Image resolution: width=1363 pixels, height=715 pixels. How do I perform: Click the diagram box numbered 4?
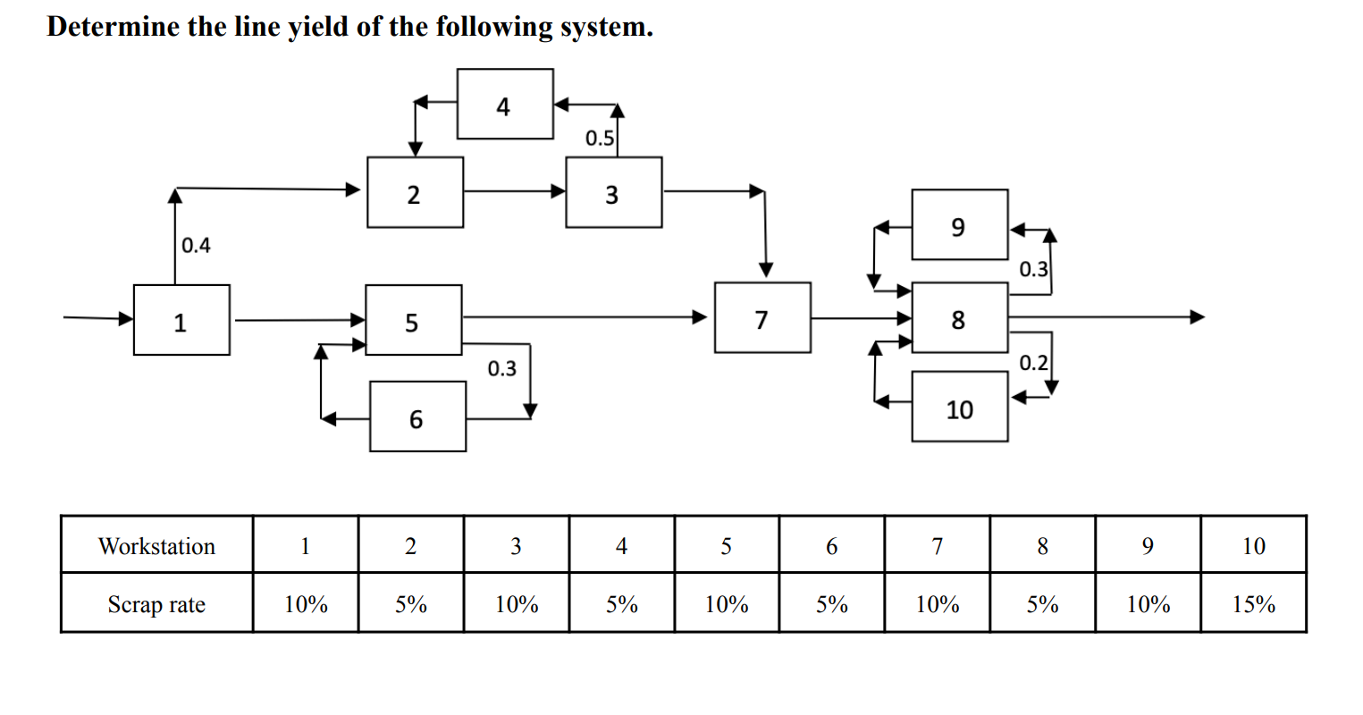tap(505, 105)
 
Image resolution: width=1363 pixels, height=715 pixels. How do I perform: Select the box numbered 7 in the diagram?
tap(762, 318)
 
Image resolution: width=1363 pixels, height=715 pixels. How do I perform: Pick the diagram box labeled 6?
tap(417, 416)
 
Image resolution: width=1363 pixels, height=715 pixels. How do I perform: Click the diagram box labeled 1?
tap(181, 320)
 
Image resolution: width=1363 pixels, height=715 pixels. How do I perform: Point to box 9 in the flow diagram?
tap(960, 225)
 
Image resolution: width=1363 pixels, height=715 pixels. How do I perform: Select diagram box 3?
tap(613, 193)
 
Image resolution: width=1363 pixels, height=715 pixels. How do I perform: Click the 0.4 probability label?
tap(196, 245)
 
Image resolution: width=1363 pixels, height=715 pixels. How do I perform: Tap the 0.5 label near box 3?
tap(599, 139)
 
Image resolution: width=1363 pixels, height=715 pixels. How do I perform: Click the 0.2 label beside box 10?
tap(1033, 363)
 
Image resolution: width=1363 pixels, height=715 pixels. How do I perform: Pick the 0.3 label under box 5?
tap(501, 368)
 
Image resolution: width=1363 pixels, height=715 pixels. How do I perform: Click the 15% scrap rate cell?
tap(1253, 604)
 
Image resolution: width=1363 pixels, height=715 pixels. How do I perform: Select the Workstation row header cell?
tap(156, 545)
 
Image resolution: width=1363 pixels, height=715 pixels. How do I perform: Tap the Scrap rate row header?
tap(156, 604)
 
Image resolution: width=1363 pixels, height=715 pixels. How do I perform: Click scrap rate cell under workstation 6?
tap(831, 604)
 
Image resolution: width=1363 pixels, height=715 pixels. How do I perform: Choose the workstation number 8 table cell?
tap(1042, 545)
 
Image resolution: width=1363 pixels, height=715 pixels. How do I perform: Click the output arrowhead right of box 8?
tap(1197, 316)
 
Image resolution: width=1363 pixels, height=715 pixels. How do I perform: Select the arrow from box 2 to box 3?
tap(514, 190)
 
